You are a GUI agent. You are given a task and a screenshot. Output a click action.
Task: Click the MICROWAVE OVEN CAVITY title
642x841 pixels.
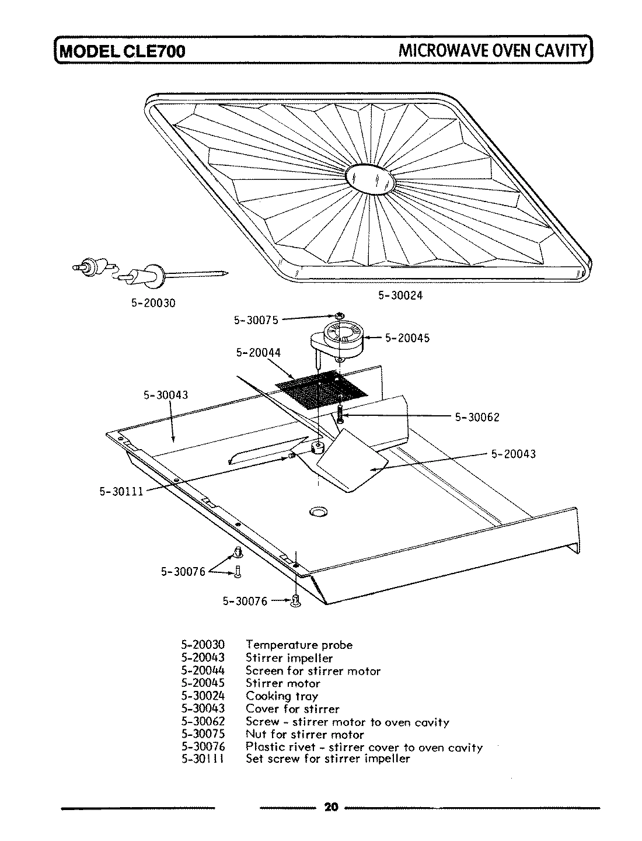[x=492, y=50]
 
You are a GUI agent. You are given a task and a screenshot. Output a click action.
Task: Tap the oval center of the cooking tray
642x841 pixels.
[x=370, y=177]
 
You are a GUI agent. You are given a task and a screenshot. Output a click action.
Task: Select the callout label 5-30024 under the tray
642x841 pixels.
[x=400, y=296]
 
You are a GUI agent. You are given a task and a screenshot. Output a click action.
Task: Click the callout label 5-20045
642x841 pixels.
[x=407, y=338]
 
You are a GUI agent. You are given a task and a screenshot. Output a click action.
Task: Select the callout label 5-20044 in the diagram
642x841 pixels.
[x=258, y=352]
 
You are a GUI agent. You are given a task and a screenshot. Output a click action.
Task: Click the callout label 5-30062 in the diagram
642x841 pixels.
[x=477, y=417]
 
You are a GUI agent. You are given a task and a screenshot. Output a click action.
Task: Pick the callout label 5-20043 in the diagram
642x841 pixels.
[x=513, y=454]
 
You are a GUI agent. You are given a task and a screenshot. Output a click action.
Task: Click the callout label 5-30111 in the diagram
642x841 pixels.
[x=121, y=491]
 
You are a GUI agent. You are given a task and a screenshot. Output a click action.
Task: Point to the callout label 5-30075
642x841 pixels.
[x=256, y=319]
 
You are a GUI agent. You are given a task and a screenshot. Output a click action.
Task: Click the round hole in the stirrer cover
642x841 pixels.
[x=319, y=512]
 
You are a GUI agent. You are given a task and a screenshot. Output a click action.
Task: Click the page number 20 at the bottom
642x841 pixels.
[x=331, y=808]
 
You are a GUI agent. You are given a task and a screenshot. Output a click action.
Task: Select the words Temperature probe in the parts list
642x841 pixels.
[x=299, y=645]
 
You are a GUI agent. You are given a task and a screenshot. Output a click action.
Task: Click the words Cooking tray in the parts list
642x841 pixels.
[x=282, y=696]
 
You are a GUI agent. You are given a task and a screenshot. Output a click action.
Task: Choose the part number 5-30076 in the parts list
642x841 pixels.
[x=203, y=746]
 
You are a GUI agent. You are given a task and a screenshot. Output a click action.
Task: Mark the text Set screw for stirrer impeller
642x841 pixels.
[x=327, y=759]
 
